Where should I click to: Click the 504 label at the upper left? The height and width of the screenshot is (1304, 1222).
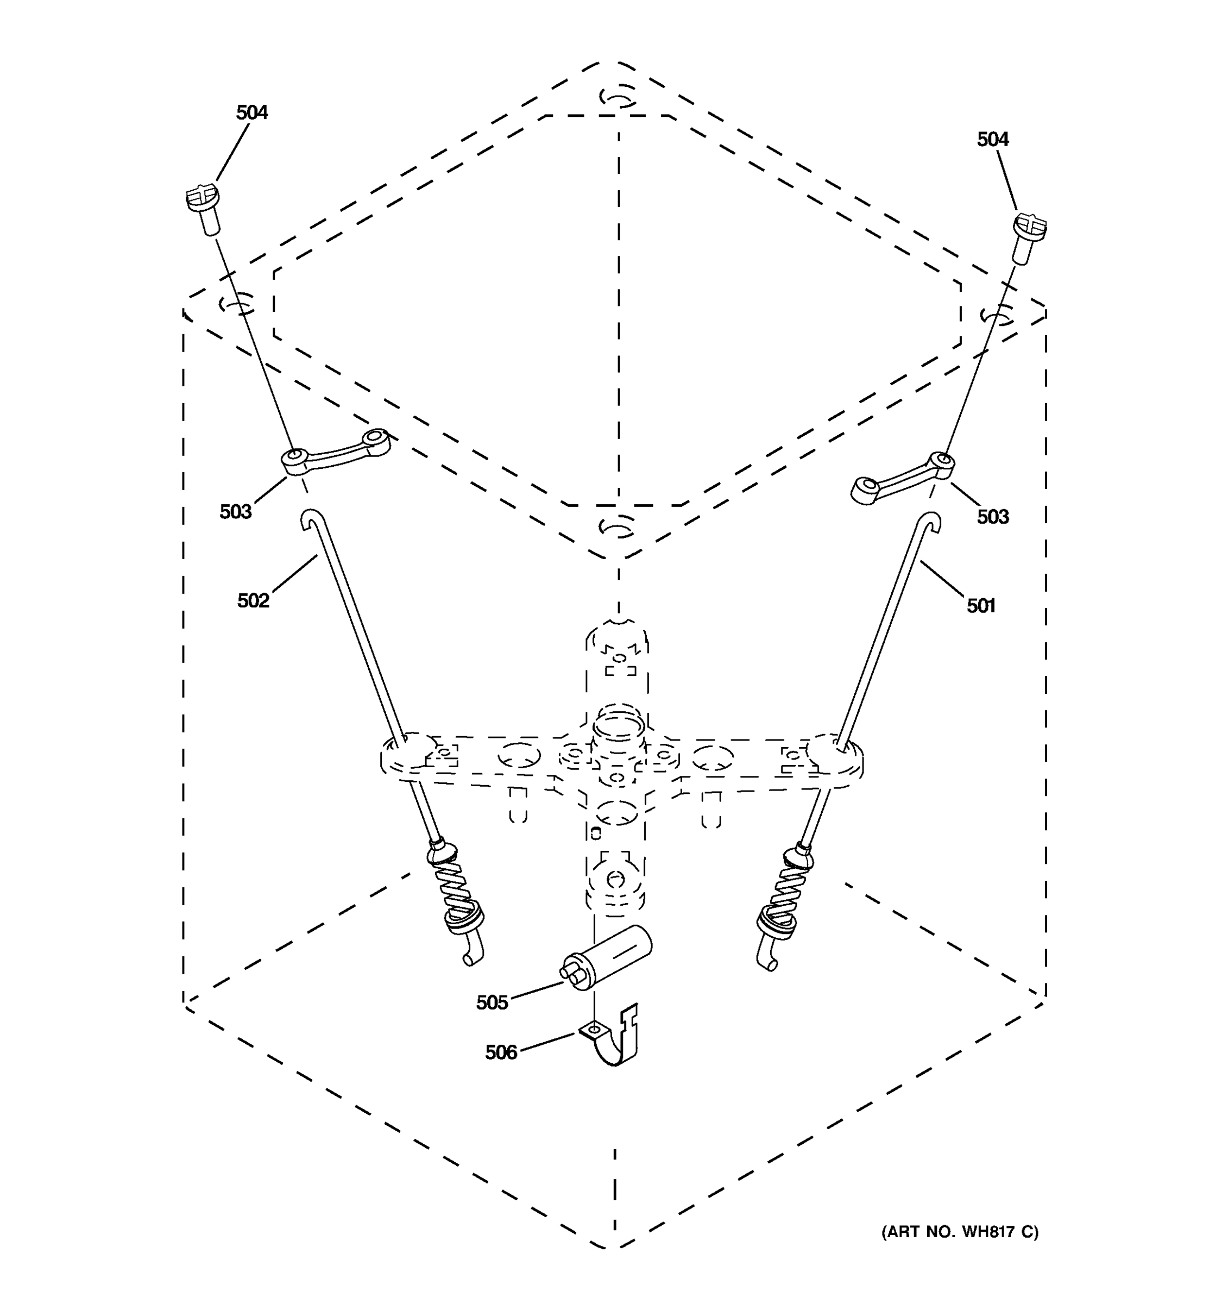point(252,113)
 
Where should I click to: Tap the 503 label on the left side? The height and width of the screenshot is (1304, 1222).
point(235,512)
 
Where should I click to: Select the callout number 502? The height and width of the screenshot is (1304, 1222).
point(253,601)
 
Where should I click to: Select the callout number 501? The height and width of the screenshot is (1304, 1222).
point(981,606)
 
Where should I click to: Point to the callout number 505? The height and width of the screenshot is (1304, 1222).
point(492,1002)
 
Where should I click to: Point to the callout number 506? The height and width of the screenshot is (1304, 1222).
point(501,1052)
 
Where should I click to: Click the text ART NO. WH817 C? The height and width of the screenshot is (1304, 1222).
point(959,1232)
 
